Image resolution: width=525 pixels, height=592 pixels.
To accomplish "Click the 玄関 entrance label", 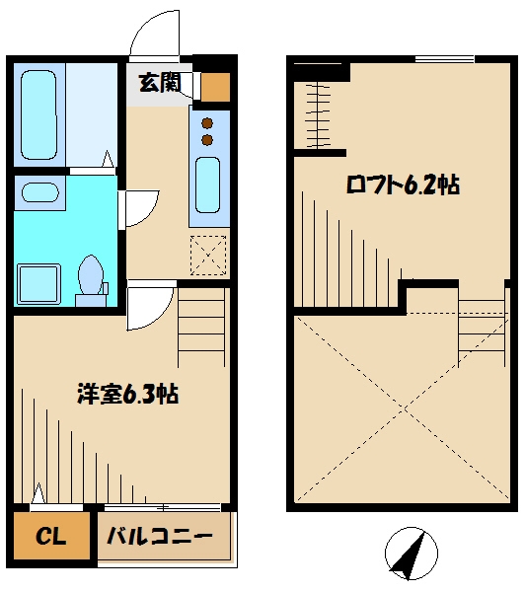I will click(x=158, y=83).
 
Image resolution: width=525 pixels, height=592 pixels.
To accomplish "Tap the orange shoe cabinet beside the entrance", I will click(x=215, y=87).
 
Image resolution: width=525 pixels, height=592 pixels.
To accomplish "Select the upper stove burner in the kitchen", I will click(x=207, y=123).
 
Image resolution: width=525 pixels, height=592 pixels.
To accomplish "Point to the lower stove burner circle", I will click(x=207, y=140).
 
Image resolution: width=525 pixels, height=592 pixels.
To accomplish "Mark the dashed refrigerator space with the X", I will click(x=208, y=254).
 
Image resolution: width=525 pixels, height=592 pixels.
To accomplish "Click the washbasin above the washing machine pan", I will click(x=40, y=192).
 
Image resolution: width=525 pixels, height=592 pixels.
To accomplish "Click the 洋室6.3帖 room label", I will click(x=127, y=394).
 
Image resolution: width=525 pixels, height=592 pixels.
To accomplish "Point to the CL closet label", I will click(x=50, y=538).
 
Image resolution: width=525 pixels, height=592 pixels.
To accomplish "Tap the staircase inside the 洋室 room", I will click(x=202, y=326).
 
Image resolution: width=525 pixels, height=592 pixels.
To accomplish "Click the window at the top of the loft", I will click(x=444, y=59).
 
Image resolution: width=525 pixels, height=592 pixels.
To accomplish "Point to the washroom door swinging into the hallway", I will click(x=138, y=207).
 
